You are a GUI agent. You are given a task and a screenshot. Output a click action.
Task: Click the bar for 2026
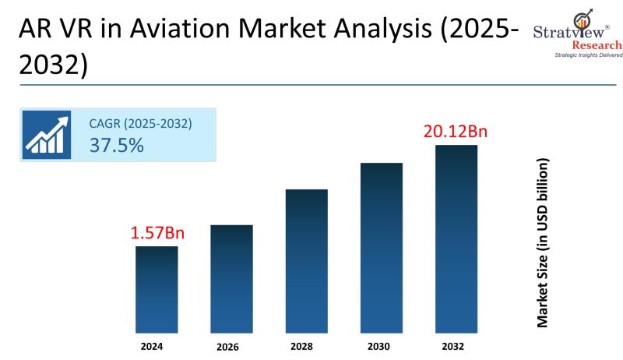click(231, 279)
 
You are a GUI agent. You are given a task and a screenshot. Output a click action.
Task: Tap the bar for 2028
click(306, 261)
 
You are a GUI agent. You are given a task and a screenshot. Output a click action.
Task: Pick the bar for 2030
click(381, 248)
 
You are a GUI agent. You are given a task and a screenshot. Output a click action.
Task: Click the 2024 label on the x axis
click(157, 345)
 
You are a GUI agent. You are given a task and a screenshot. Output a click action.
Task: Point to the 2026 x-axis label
click(231, 346)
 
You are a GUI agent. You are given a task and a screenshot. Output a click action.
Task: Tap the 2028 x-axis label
click(306, 345)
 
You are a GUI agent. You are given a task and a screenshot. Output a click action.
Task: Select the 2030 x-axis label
click(381, 345)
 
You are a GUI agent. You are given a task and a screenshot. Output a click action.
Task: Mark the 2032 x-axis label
click(456, 345)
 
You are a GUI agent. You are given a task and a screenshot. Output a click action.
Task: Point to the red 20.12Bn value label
click(456, 131)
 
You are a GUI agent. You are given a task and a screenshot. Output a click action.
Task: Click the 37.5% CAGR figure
click(116, 144)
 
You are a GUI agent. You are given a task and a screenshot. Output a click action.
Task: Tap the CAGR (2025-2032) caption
click(140, 123)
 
